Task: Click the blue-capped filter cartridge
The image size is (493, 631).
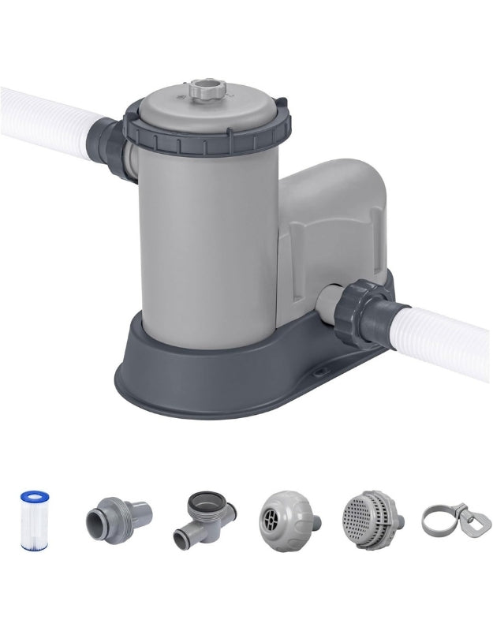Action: [34, 520]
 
